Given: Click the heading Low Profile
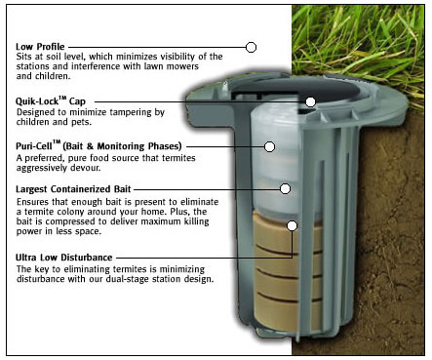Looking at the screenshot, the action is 40,47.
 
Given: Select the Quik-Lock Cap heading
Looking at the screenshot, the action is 51,101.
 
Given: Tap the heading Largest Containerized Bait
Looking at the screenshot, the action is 73,189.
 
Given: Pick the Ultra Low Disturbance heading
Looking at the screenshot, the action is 64,258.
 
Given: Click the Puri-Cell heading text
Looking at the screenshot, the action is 98,145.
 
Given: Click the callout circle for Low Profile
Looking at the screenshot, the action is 251,47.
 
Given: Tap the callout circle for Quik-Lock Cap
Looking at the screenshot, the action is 310,101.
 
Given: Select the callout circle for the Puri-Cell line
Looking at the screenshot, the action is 269,146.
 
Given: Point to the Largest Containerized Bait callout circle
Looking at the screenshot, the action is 285,188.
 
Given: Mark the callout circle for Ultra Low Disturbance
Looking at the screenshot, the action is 293,225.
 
